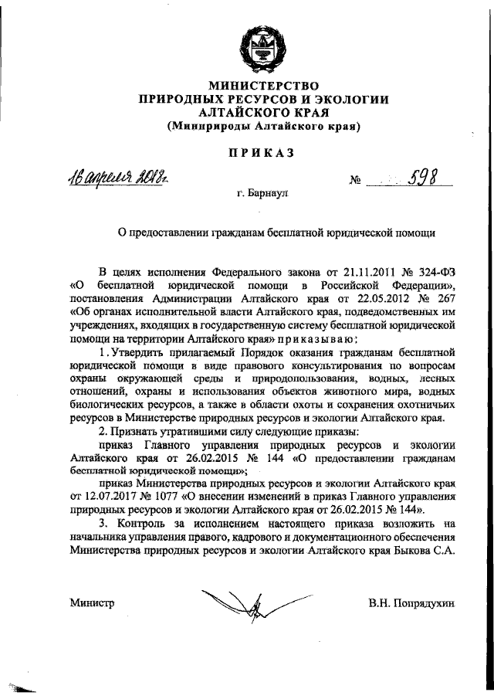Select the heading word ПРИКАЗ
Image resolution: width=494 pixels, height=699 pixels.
point(261,153)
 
